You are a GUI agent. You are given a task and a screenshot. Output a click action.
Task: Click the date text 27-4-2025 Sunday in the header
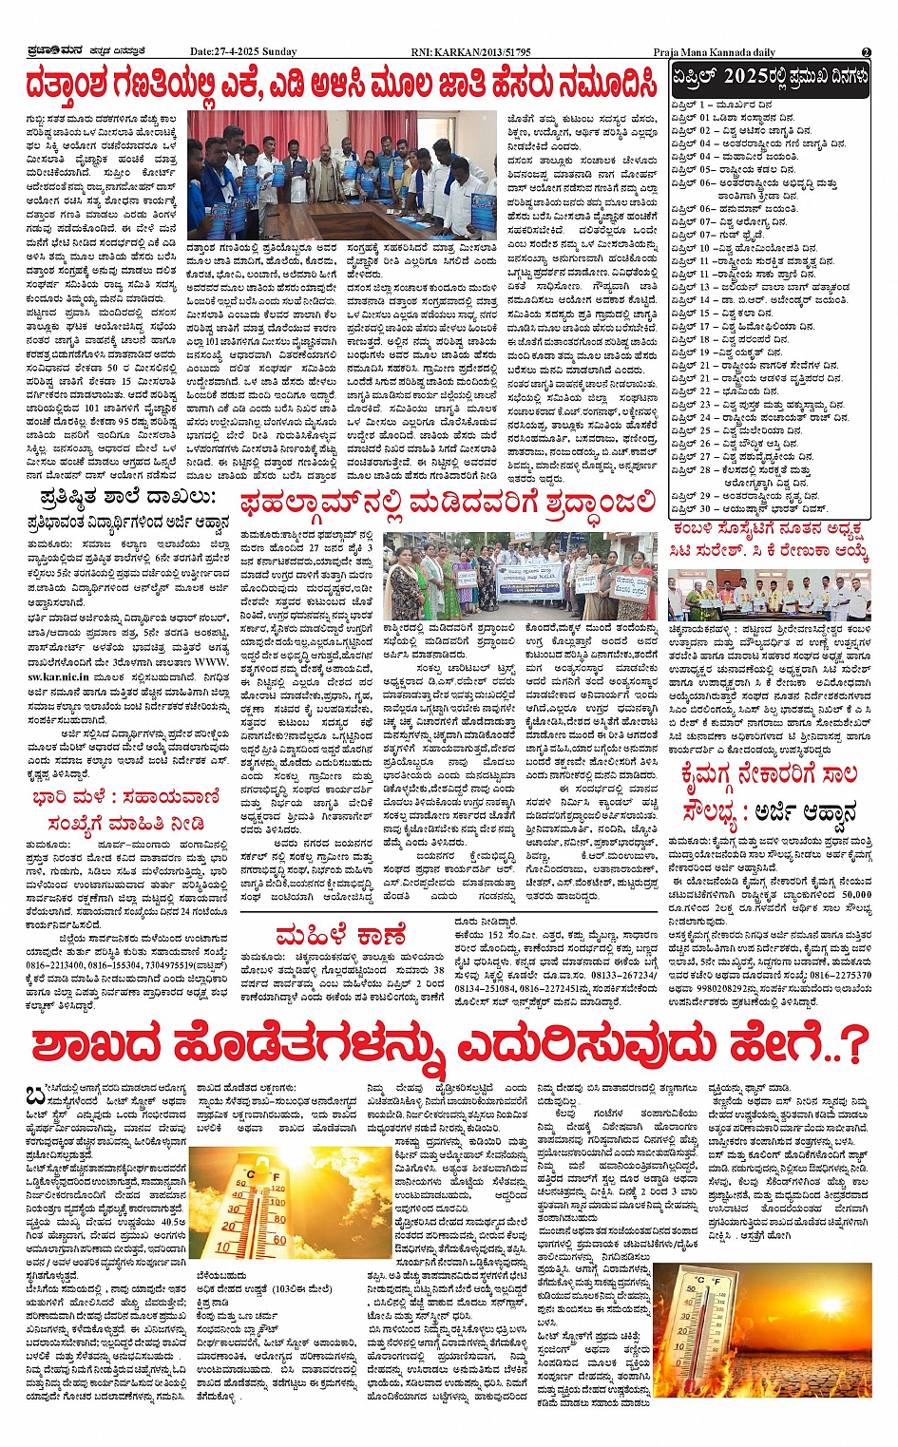pyautogui.click(x=243, y=52)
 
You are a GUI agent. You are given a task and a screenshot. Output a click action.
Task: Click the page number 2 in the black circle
pyautogui.click(x=866, y=52)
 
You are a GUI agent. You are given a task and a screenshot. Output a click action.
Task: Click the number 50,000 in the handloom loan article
pyautogui.click(x=856, y=894)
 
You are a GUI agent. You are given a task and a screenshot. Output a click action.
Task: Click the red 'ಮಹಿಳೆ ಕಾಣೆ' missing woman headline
pyautogui.click(x=341, y=936)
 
